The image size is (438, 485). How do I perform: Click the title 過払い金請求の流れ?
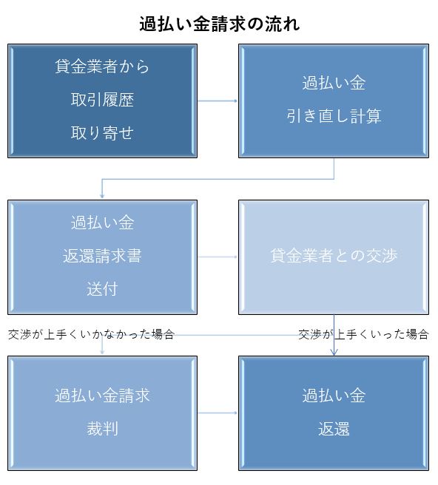pyautogui.click(x=219, y=24)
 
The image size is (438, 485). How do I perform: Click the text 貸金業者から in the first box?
pyautogui.click(x=102, y=67)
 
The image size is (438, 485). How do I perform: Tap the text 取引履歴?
pyautogui.click(x=102, y=100)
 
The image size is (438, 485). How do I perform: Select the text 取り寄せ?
pyautogui.click(x=102, y=133)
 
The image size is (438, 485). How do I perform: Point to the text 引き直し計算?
pyautogui.click(x=334, y=116)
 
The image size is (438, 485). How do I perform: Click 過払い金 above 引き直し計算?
pyautogui.click(x=334, y=83)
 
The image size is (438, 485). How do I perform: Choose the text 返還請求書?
pyautogui.click(x=102, y=256)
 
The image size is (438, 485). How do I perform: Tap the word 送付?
pyautogui.click(x=102, y=289)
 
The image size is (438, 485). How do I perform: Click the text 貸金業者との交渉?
pyautogui.click(x=334, y=256)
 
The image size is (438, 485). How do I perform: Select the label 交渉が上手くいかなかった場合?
pyautogui.click(x=91, y=334)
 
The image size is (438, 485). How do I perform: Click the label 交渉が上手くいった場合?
pyautogui.click(x=363, y=334)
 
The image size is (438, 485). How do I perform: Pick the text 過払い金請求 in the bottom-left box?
pyautogui.click(x=102, y=396)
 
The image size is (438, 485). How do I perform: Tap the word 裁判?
pyautogui.click(x=102, y=429)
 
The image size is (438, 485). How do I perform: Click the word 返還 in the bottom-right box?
pyautogui.click(x=334, y=429)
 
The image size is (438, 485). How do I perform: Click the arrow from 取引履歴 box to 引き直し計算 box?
pyautogui.click(x=218, y=101)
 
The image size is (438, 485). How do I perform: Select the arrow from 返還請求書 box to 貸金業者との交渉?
pyautogui.click(x=218, y=257)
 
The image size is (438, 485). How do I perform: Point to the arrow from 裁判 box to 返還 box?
pyautogui.click(x=218, y=413)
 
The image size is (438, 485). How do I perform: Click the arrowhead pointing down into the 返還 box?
pyautogui.click(x=334, y=353)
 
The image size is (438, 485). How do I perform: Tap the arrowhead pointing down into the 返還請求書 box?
pyautogui.click(x=102, y=196)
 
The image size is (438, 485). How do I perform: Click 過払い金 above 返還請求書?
pyautogui.click(x=102, y=223)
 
